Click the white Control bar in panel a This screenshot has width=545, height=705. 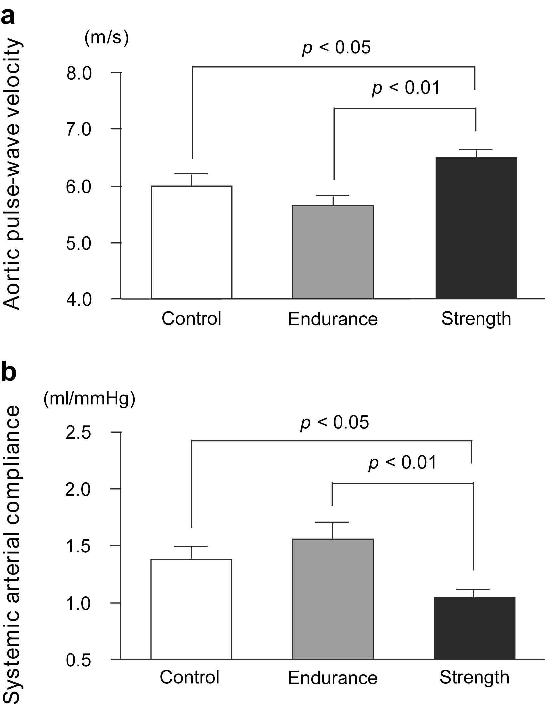point(192,242)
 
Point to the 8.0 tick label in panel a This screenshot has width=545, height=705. point(79,73)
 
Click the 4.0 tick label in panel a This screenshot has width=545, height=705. point(79,299)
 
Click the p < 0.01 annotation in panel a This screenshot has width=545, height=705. point(406,88)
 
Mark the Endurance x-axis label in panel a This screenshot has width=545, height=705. point(333,319)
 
